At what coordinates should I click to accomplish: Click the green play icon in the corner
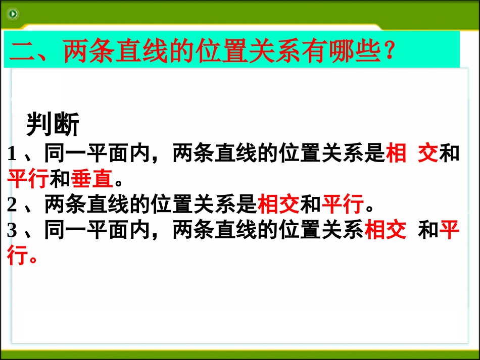[x=13, y=14]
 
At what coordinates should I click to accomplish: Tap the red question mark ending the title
[x=389, y=52]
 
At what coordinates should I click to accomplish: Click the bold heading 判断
[x=53, y=124]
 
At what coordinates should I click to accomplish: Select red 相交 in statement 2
[x=278, y=205]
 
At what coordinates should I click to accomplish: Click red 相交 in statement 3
[x=385, y=231]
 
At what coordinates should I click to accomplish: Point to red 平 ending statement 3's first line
[x=449, y=231]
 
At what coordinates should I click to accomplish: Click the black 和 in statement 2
[x=311, y=205]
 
